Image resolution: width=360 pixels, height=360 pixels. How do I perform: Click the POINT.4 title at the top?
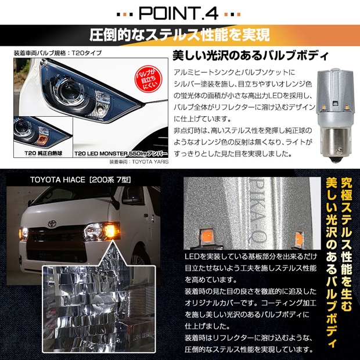[178, 13]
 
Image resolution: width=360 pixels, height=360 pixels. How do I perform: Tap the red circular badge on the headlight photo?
[148, 79]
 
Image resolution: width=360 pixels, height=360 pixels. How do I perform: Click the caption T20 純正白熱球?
[43, 153]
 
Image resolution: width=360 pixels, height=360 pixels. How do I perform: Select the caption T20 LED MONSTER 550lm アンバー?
[121, 154]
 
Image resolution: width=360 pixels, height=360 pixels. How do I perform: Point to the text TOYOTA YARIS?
[150, 161]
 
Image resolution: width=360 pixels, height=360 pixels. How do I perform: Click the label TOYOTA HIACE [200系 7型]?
[80, 179]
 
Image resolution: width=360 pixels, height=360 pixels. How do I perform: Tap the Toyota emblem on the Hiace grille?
[52, 224]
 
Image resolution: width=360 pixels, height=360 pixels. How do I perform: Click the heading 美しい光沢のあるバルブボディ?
[250, 56]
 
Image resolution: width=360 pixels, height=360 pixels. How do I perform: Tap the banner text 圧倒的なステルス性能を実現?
[179, 35]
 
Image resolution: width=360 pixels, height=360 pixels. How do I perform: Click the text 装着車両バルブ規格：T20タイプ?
[57, 53]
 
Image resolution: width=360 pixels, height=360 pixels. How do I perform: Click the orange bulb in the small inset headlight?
[42, 139]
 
